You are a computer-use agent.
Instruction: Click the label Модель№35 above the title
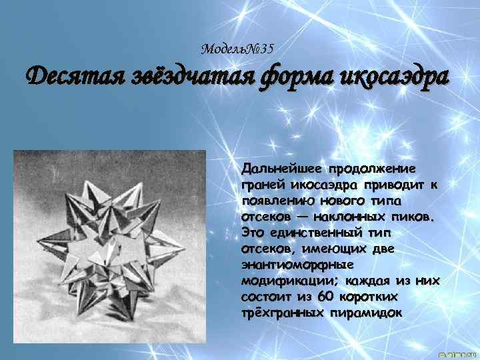(237, 49)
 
